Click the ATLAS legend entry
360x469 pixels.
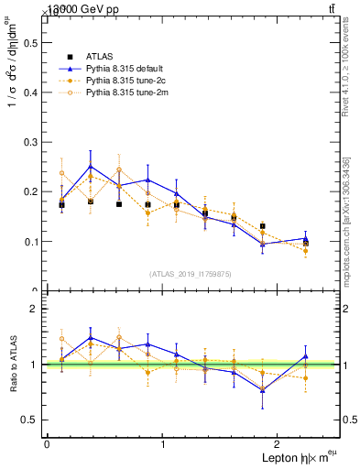(100, 54)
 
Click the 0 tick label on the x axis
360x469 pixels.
(47, 444)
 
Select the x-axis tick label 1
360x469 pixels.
(163, 444)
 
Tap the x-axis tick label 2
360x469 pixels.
(280, 444)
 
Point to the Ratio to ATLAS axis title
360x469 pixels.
(12, 365)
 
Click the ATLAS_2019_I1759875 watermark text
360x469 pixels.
(191, 274)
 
